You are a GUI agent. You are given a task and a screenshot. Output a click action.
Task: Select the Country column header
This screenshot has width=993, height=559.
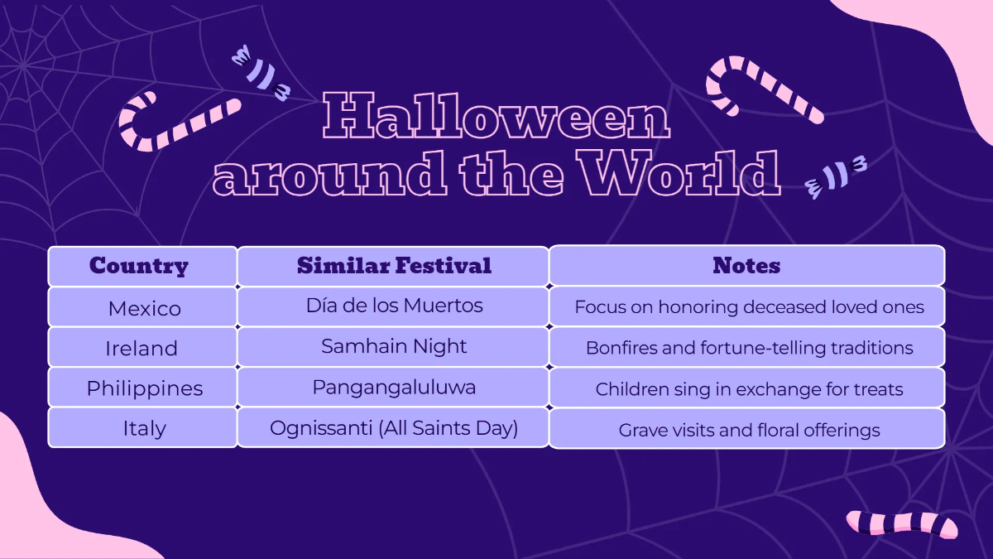pyautogui.click(x=139, y=266)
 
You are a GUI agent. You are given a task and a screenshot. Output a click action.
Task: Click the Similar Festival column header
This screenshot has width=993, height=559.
pyautogui.click(x=394, y=266)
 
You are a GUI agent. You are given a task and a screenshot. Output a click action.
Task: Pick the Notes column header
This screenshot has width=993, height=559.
pyautogui.click(x=746, y=266)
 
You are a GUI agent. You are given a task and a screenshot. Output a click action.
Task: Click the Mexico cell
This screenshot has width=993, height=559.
pyautogui.click(x=144, y=308)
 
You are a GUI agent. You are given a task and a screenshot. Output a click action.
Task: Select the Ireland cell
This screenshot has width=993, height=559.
pyautogui.click(x=142, y=349)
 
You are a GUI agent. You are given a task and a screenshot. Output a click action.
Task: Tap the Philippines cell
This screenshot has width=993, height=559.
pyautogui.click(x=144, y=388)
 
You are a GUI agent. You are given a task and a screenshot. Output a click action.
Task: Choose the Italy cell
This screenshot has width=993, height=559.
pyautogui.click(x=144, y=429)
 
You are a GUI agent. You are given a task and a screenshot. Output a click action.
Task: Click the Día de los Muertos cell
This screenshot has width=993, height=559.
pyautogui.click(x=394, y=306)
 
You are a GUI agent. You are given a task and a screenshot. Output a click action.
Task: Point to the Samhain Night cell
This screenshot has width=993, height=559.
pyautogui.click(x=394, y=347)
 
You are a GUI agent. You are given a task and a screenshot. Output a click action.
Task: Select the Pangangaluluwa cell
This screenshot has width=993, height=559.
pyautogui.click(x=394, y=387)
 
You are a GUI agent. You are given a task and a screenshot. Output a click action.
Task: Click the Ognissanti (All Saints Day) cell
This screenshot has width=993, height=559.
pyautogui.click(x=394, y=428)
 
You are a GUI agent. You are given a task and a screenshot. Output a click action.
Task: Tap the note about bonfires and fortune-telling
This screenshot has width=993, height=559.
pyautogui.click(x=749, y=348)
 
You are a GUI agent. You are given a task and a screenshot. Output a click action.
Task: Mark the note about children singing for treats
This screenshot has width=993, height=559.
pyautogui.click(x=749, y=388)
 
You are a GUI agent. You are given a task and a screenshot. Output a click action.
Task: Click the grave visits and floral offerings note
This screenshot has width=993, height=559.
pyautogui.click(x=749, y=430)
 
